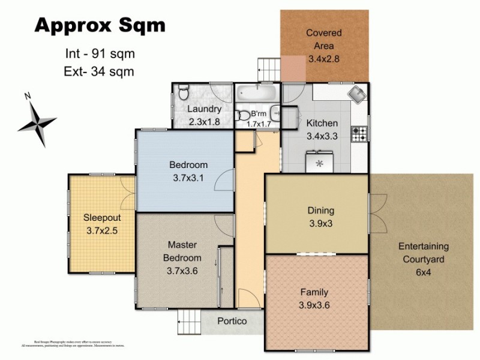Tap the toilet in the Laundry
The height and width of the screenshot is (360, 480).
(184, 92)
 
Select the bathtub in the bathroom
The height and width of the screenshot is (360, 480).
(256, 94)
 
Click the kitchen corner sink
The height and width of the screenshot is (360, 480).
(358, 95)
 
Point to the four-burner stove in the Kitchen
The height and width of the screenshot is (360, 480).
(359, 134)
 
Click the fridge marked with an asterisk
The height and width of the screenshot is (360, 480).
(319, 162)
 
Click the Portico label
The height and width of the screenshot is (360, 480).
(232, 321)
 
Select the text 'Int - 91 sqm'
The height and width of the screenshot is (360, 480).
(100, 53)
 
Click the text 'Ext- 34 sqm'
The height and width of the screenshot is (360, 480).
(98, 71)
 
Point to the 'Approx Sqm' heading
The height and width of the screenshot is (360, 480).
(100, 26)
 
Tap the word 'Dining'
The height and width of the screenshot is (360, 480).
(320, 211)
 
